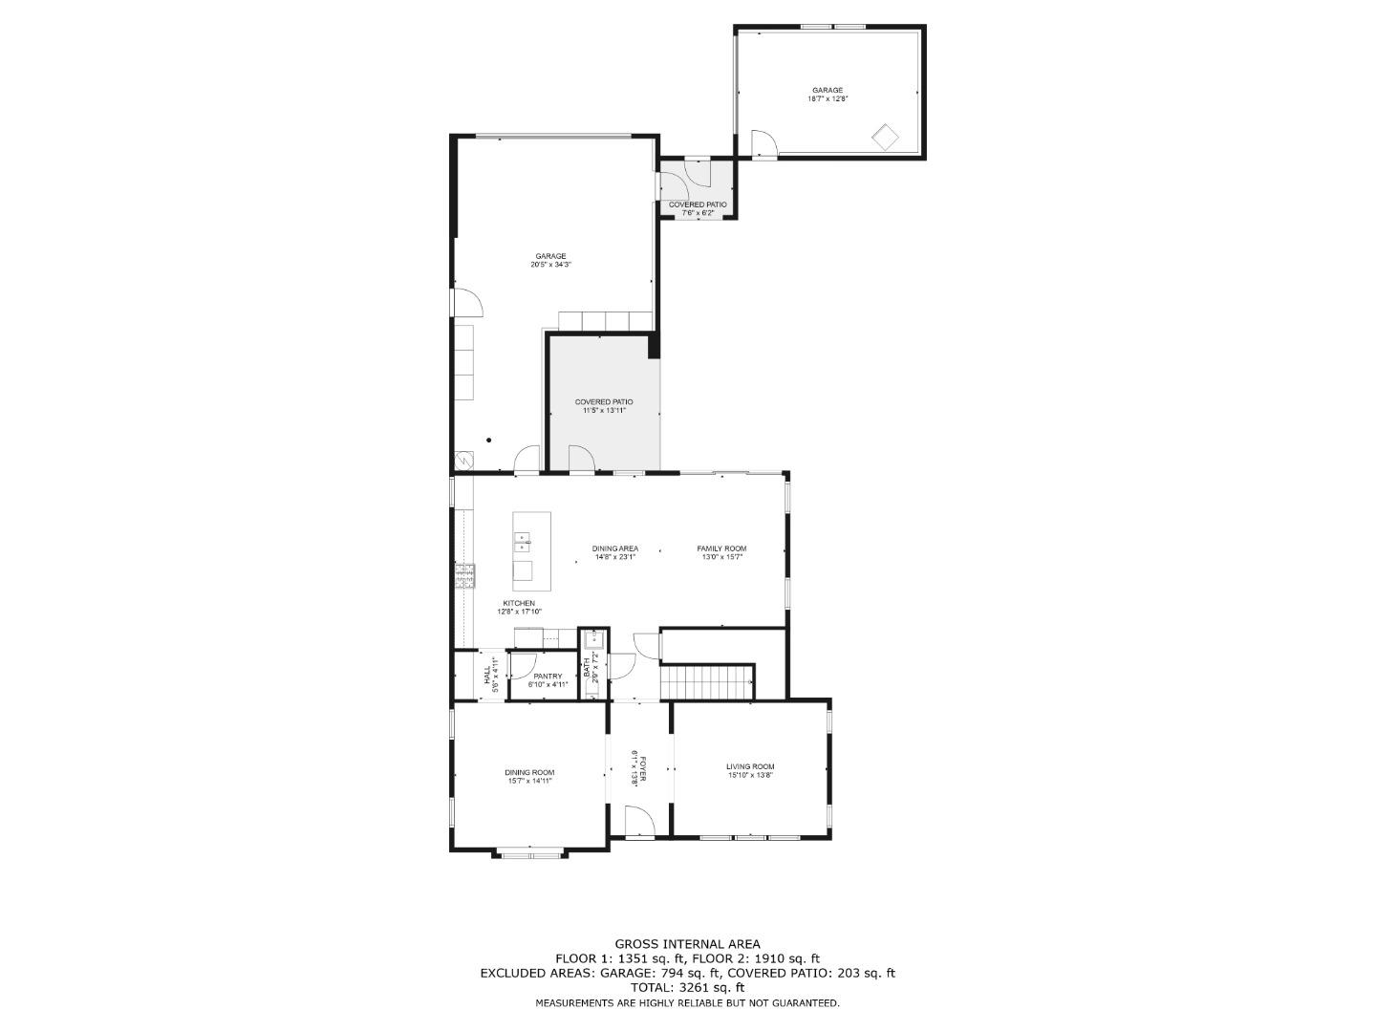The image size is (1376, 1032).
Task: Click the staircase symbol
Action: pos(707,682)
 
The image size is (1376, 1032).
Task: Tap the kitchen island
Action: pos(531,551)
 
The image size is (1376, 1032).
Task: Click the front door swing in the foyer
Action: pos(638,821)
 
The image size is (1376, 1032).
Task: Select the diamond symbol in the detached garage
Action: pos(885,137)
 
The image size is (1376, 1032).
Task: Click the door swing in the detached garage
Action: pos(764,143)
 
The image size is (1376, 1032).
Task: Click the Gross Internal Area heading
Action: pos(687,944)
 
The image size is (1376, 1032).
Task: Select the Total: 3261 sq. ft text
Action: pos(687,988)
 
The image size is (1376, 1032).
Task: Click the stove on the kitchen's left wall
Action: pos(464,574)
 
